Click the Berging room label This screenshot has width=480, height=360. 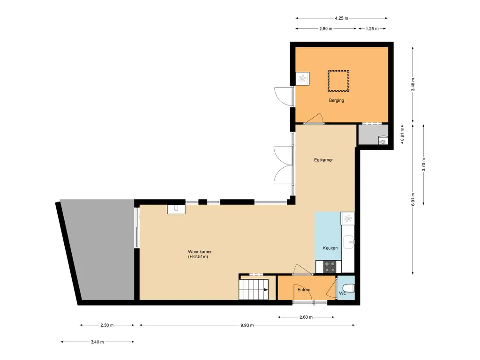[x=337, y=100]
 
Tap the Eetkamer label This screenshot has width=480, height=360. [x=323, y=160]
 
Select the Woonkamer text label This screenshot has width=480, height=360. [x=200, y=252]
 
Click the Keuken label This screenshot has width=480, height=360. [x=330, y=248]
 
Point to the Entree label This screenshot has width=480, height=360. [x=304, y=290]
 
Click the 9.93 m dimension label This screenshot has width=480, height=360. [x=247, y=325]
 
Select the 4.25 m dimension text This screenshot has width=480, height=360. [x=341, y=18]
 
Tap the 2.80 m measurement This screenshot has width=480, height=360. [x=326, y=29]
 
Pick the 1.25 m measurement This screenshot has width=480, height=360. [x=372, y=29]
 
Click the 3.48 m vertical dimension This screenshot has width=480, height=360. [x=412, y=84]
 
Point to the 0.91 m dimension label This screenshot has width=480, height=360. [x=402, y=134]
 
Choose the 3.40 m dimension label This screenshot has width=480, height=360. [x=97, y=342]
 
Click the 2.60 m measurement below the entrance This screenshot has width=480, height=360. [x=306, y=317]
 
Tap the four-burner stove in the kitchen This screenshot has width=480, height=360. [x=330, y=267]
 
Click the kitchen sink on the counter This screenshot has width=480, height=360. [x=349, y=242]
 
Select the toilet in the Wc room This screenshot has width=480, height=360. [x=348, y=288]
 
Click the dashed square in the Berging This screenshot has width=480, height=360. [x=338, y=81]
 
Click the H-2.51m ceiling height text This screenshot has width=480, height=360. [x=198, y=257]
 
